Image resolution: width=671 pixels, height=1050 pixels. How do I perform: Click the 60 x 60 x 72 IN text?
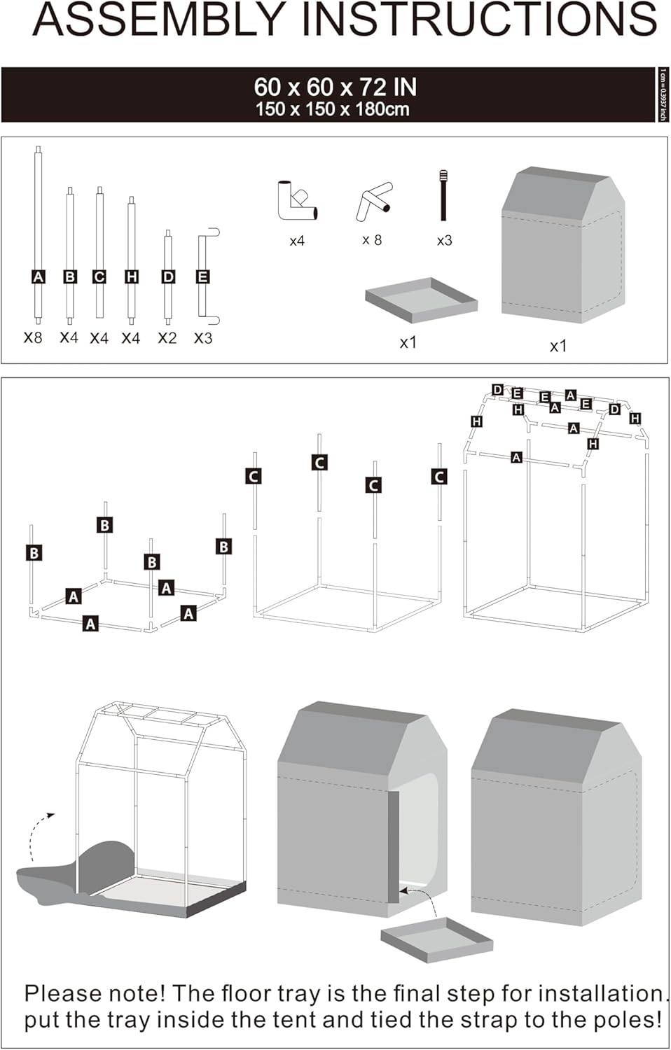tap(335, 87)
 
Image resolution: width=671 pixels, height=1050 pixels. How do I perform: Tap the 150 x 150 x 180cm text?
tap(332, 109)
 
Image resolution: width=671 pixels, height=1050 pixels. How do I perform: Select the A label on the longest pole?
tap(39, 277)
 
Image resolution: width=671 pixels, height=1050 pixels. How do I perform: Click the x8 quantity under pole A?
tap(33, 337)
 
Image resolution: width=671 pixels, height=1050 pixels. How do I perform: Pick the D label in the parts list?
tap(168, 277)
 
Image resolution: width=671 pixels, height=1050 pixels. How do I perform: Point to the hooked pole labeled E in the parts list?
tap(204, 276)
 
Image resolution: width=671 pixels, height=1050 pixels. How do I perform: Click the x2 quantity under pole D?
tap(167, 338)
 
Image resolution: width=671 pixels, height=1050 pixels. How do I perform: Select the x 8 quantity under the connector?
tap(372, 240)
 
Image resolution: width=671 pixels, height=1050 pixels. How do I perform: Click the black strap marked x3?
tap(443, 195)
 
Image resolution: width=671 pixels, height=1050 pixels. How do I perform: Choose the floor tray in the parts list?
tap(421, 300)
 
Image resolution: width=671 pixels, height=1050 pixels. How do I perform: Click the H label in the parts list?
tap(131, 277)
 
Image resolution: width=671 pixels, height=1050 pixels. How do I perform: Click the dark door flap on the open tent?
tap(393, 847)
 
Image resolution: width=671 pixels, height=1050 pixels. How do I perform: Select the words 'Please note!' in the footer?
tap(95, 993)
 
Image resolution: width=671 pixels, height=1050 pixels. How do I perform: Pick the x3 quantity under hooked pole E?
tap(203, 338)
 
